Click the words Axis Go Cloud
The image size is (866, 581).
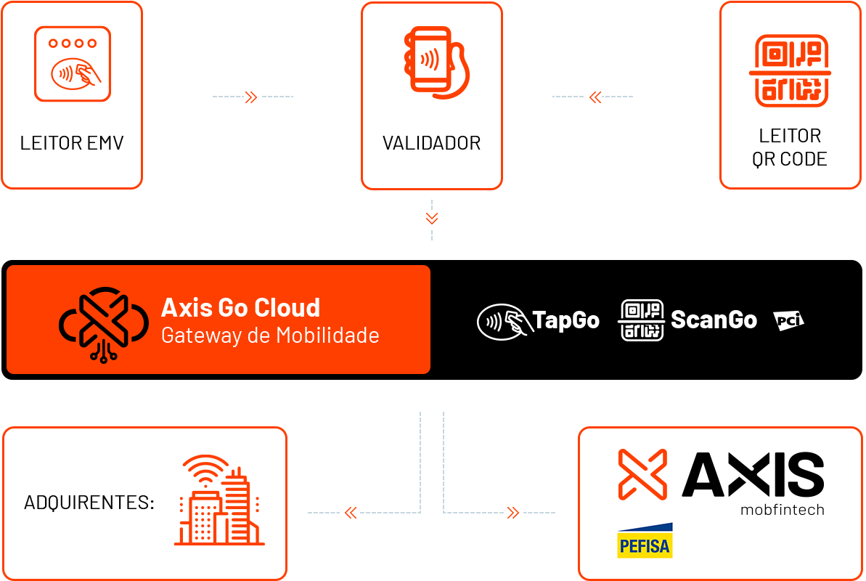(240, 308)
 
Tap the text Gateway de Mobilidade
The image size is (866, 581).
(270, 336)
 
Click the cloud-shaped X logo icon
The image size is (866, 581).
(103, 323)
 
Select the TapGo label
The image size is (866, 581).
(566, 320)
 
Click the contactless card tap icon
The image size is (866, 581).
(503, 321)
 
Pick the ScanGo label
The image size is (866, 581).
(714, 320)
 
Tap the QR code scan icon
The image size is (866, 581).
(642, 320)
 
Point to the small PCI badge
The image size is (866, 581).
(788, 320)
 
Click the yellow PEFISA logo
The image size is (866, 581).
(645, 540)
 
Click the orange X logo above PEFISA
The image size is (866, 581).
(642, 474)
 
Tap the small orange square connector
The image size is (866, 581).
(432, 219)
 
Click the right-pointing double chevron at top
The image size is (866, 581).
(251, 97)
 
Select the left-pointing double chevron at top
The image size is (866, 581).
(595, 97)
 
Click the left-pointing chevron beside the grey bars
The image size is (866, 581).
(351, 513)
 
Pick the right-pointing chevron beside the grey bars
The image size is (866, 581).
(513, 513)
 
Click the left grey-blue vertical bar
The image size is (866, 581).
(391, 463)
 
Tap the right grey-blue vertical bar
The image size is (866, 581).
(473, 463)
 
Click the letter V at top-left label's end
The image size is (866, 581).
(118, 143)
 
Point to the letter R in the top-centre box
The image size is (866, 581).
(475, 143)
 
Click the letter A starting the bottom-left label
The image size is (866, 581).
(29, 503)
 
